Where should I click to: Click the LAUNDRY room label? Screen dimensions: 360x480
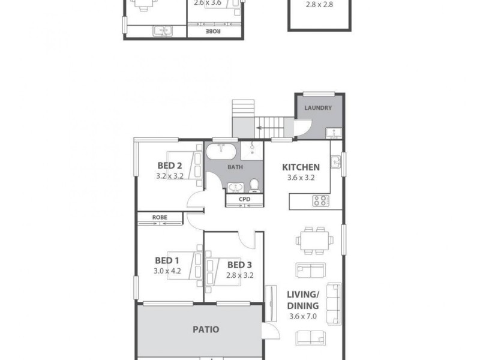[x=318, y=108]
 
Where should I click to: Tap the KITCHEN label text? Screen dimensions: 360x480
[x=301, y=167]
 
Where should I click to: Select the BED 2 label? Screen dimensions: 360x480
[x=170, y=166]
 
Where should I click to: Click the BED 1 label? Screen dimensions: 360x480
[x=167, y=260]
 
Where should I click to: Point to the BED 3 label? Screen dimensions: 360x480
[x=239, y=265]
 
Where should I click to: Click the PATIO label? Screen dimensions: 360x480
[x=206, y=329]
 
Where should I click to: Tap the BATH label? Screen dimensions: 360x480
[x=235, y=167]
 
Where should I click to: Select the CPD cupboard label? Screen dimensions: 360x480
[x=244, y=199]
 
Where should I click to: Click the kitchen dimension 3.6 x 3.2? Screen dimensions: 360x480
[x=301, y=178]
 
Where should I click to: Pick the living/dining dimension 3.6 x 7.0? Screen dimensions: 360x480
[x=302, y=316]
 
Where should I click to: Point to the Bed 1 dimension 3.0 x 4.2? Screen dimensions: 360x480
[x=167, y=271]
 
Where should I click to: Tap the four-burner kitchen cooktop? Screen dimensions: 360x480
[x=320, y=201]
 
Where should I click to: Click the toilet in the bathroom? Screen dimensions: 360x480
[x=254, y=184]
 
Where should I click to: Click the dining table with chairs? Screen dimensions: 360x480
[x=314, y=239]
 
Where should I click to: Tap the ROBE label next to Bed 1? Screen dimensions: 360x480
[x=159, y=217]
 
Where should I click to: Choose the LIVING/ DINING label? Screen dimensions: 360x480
[x=302, y=299]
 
